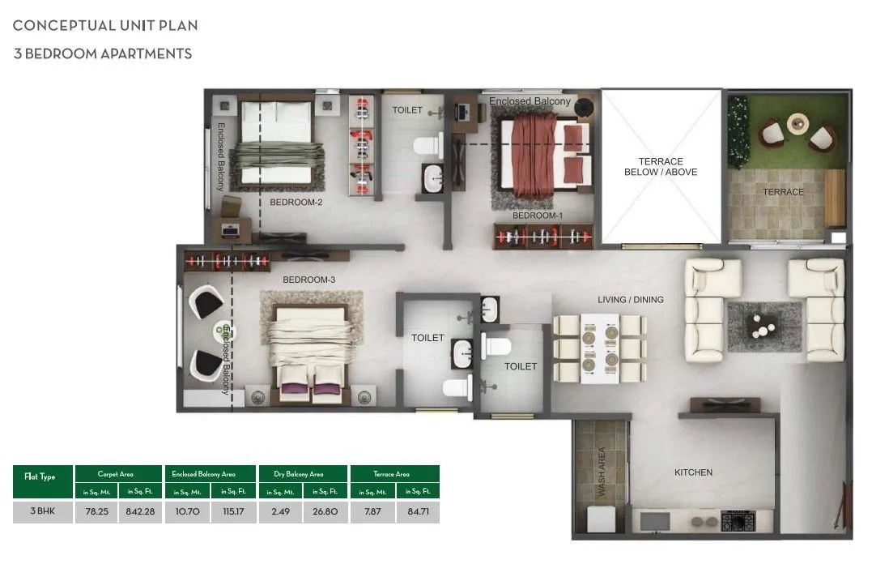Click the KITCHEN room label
tap(693, 472)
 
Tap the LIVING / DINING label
tap(630, 300)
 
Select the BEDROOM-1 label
tap(537, 216)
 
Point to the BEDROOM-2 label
tap(296, 203)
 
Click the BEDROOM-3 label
tap(308, 280)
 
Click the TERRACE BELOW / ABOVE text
tap(661, 167)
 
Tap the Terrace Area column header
tap(394, 473)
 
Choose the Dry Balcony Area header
tap(303, 473)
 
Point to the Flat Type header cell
tap(44, 477)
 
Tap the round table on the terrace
tap(798, 122)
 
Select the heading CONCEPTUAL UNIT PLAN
tap(105, 25)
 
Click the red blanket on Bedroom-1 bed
tap(534, 150)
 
